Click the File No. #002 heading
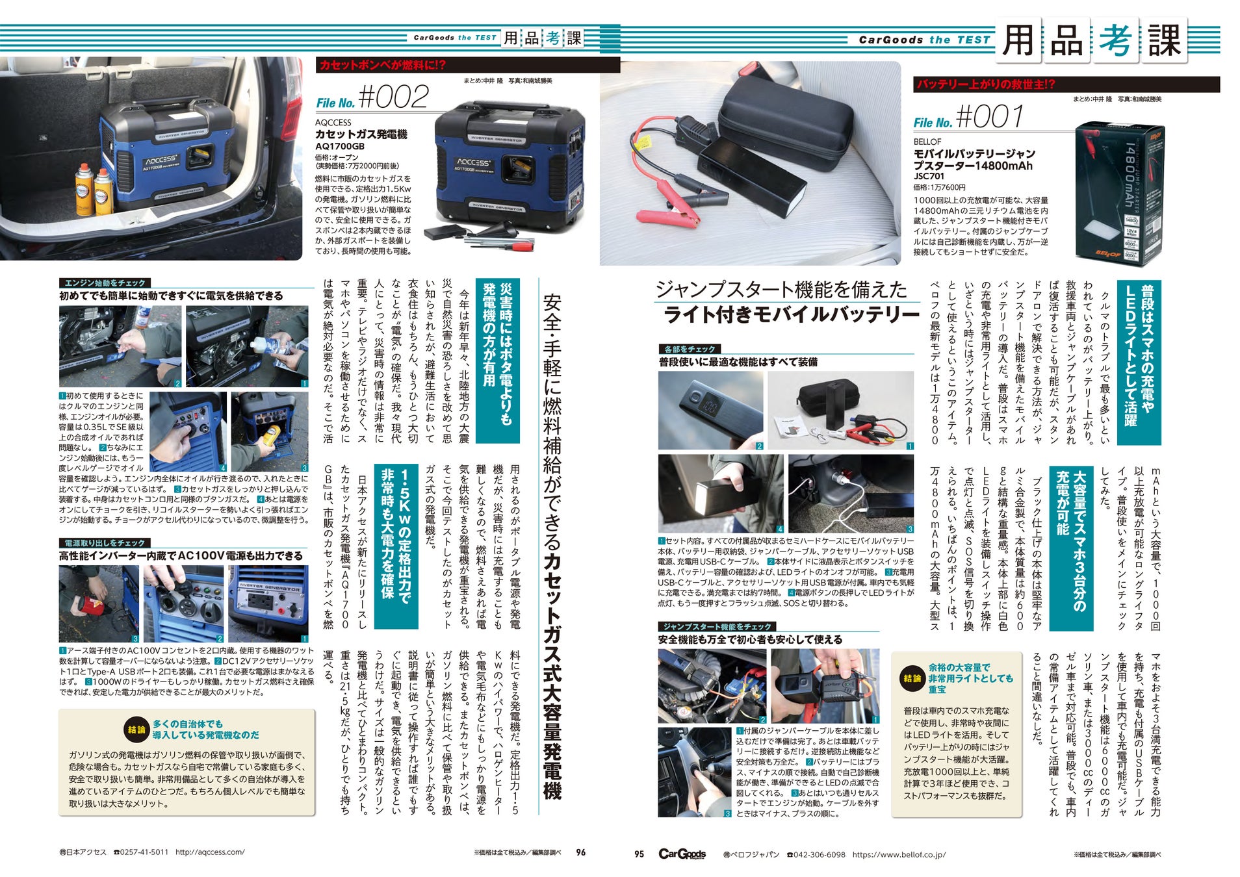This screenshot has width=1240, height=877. pyautogui.click(x=372, y=98)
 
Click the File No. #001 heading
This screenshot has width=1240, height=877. pyautogui.click(x=968, y=118)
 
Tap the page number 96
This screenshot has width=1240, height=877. pyautogui.click(x=581, y=852)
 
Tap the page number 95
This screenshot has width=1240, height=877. pyautogui.click(x=639, y=854)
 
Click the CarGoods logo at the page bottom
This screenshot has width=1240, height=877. pyautogui.click(x=682, y=854)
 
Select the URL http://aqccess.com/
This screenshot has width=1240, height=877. pyautogui.click(x=210, y=852)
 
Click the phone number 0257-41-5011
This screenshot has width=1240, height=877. pyautogui.click(x=141, y=852)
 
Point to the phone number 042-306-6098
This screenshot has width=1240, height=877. pyautogui.click(x=816, y=855)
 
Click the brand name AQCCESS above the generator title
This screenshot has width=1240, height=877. pyautogui.click(x=333, y=122)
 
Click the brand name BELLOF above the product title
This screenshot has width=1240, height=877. pyautogui.click(x=927, y=142)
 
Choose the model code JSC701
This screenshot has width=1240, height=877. pyautogui.click(x=929, y=176)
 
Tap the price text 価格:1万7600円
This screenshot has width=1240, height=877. pyautogui.click(x=939, y=188)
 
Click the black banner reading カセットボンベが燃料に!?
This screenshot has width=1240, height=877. pyautogui.click(x=468, y=65)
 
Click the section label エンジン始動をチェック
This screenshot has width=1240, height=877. pyautogui.click(x=105, y=283)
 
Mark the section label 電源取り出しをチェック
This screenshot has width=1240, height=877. pyautogui.click(x=105, y=543)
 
